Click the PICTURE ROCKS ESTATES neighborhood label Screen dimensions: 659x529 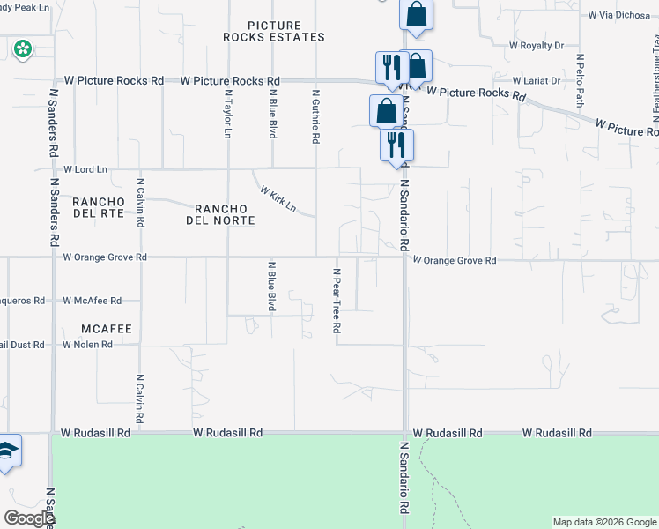click(273, 31)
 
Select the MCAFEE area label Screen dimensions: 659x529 click(106, 329)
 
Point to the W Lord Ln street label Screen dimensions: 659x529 click(85, 168)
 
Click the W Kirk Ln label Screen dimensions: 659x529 click(277, 199)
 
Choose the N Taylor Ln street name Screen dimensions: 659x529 click(227, 114)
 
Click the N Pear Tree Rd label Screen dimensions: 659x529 click(337, 301)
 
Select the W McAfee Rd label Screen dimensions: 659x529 click(92, 301)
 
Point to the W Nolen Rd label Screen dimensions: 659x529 click(87, 345)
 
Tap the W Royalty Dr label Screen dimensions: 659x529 click(536, 45)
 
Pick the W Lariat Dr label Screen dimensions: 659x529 click(535, 80)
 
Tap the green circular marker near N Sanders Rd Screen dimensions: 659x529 click(22, 49)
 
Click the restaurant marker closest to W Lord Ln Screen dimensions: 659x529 click(396, 144)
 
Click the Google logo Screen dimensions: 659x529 click(29, 518)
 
